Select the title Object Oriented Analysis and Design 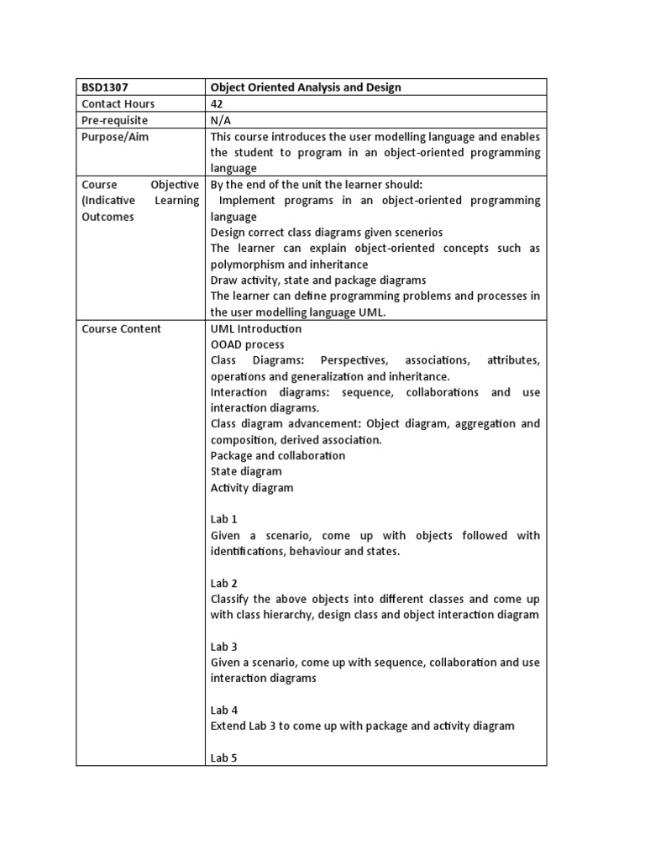pyautogui.click(x=306, y=87)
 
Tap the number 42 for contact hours pyautogui.click(x=218, y=103)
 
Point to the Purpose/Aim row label pyautogui.click(x=115, y=136)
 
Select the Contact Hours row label pyautogui.click(x=118, y=103)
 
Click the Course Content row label pyautogui.click(x=121, y=328)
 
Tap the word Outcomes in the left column pyautogui.click(x=107, y=217)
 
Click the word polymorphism pyautogui.click(x=248, y=265)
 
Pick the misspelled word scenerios pyautogui.click(x=415, y=233)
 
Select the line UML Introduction pyautogui.click(x=256, y=328)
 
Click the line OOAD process pyautogui.click(x=248, y=344)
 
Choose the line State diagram pyautogui.click(x=246, y=472)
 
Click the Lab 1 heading pyautogui.click(x=224, y=520)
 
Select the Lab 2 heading pyautogui.click(x=224, y=583)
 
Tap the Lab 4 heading pyautogui.click(x=224, y=710)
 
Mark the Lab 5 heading pyautogui.click(x=224, y=758)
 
